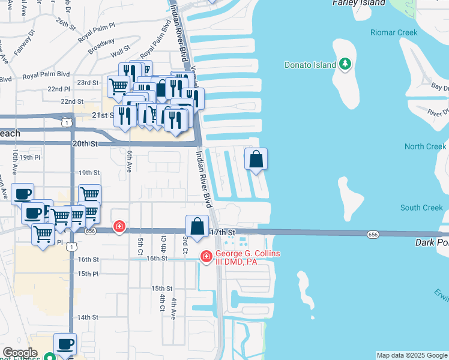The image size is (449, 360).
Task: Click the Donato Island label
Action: point(310,65)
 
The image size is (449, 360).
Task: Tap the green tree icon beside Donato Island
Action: point(345,64)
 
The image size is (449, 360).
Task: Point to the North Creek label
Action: point(425,146)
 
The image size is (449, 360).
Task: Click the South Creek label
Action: point(421,208)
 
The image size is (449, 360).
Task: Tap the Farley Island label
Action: point(358,3)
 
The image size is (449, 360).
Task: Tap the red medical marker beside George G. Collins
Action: point(206,257)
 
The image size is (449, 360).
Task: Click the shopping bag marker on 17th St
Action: point(197,227)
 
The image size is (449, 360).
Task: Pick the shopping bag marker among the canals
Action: point(256,160)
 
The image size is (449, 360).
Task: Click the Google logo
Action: point(20,353)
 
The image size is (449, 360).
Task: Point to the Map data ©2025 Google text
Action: point(412,355)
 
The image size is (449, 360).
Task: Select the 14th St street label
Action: point(88,317)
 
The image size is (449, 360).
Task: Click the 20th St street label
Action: point(85,144)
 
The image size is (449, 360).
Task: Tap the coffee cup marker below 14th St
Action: point(65,344)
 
